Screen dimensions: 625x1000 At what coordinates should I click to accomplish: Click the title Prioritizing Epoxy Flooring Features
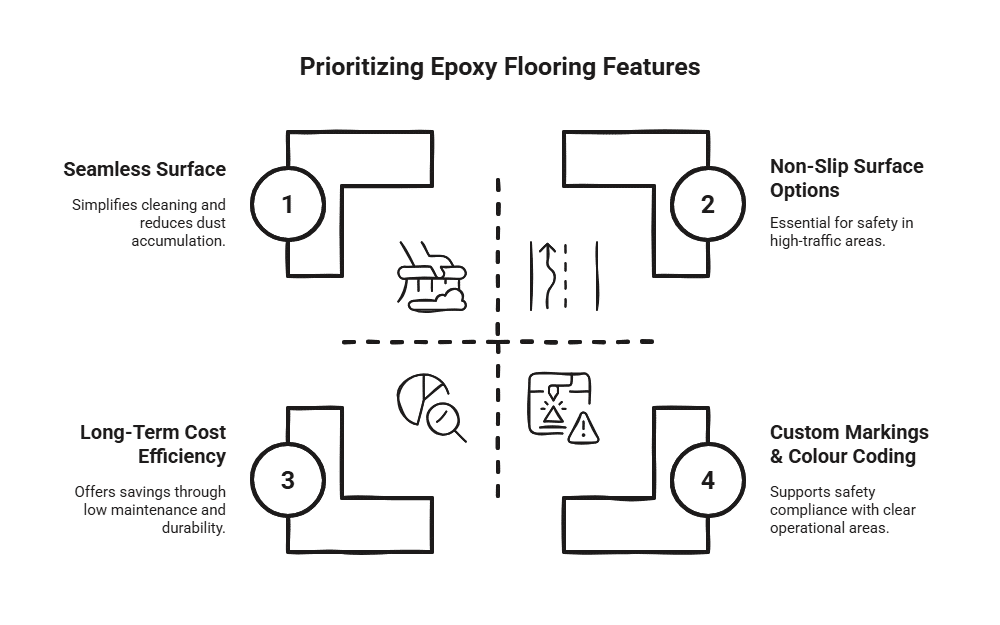pyautogui.click(x=499, y=68)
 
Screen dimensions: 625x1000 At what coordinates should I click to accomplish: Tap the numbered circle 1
pyautogui.click(x=288, y=205)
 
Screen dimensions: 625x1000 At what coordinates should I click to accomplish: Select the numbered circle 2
pyautogui.click(x=708, y=205)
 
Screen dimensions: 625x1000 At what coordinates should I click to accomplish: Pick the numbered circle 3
pyautogui.click(x=288, y=480)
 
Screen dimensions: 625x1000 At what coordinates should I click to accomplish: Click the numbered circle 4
pyautogui.click(x=708, y=480)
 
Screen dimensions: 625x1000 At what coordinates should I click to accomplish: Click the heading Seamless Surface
pyautogui.click(x=144, y=169)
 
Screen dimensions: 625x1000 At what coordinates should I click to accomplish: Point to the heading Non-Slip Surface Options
pyautogui.click(x=846, y=178)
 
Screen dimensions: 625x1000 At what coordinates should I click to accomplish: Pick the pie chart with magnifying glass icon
pyautogui.click(x=431, y=406)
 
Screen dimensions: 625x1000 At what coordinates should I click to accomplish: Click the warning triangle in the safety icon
pyautogui.click(x=582, y=429)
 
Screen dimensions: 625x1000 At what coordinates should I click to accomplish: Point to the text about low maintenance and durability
pyautogui.click(x=152, y=509)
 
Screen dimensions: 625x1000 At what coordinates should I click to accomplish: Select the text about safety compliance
pyautogui.click(x=843, y=510)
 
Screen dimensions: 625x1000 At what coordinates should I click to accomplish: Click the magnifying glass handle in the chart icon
pyautogui.click(x=459, y=434)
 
